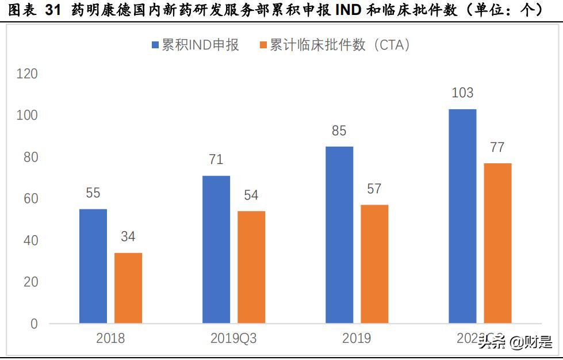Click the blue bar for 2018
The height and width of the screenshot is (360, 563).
93,266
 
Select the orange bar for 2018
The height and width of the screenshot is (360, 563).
128,288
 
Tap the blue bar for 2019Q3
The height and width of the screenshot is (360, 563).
216,249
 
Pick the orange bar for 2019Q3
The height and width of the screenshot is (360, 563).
251,267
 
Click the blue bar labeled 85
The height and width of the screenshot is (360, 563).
339,235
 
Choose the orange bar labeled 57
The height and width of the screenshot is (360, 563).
374,264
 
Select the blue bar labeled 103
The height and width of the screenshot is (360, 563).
462,216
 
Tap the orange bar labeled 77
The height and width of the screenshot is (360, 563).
497,243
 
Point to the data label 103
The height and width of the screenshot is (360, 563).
462,93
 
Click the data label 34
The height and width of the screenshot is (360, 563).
128,237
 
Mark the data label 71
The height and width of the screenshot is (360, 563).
216,159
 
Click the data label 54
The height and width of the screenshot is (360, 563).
251,195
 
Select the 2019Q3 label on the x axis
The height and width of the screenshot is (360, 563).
234,339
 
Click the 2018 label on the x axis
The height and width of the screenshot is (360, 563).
110,339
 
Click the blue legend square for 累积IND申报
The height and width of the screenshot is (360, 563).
155,45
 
